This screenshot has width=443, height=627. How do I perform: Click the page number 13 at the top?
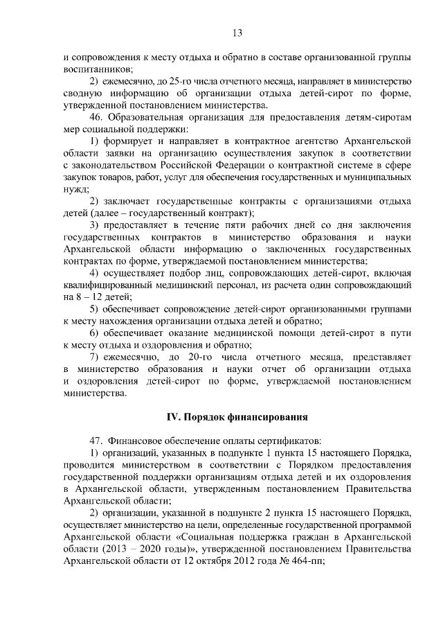click(236, 33)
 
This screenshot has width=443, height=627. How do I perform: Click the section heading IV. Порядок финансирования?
click(235, 416)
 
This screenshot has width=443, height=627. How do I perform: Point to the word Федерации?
click(246, 166)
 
